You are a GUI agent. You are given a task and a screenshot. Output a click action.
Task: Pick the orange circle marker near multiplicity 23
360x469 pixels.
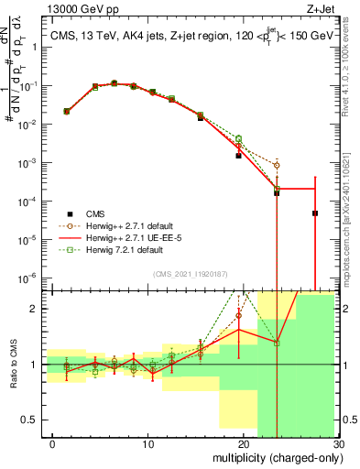pyautogui.click(x=277, y=166)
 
